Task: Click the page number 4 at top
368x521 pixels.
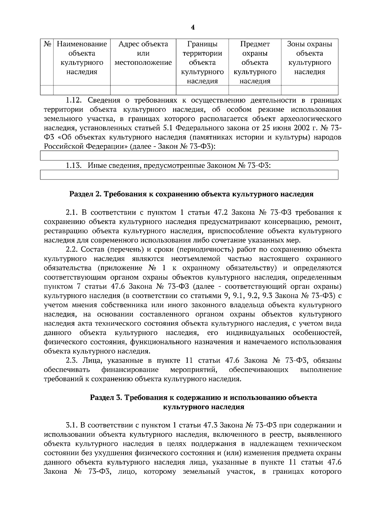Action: coord(193,28)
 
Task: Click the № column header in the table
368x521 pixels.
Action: coord(47,44)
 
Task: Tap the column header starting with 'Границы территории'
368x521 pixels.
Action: coord(202,63)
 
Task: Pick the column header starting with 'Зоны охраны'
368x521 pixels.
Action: coord(309,58)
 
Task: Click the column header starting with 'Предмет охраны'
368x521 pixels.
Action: coord(255,63)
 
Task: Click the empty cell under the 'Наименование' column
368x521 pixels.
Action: coord(82,90)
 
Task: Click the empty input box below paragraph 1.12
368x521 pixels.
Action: coord(189,156)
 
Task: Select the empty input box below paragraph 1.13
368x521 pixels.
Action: coord(189,175)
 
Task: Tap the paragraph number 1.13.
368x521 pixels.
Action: coord(74,166)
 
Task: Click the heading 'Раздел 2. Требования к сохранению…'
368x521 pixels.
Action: coord(191,194)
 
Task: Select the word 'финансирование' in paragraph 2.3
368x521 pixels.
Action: coord(130,370)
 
